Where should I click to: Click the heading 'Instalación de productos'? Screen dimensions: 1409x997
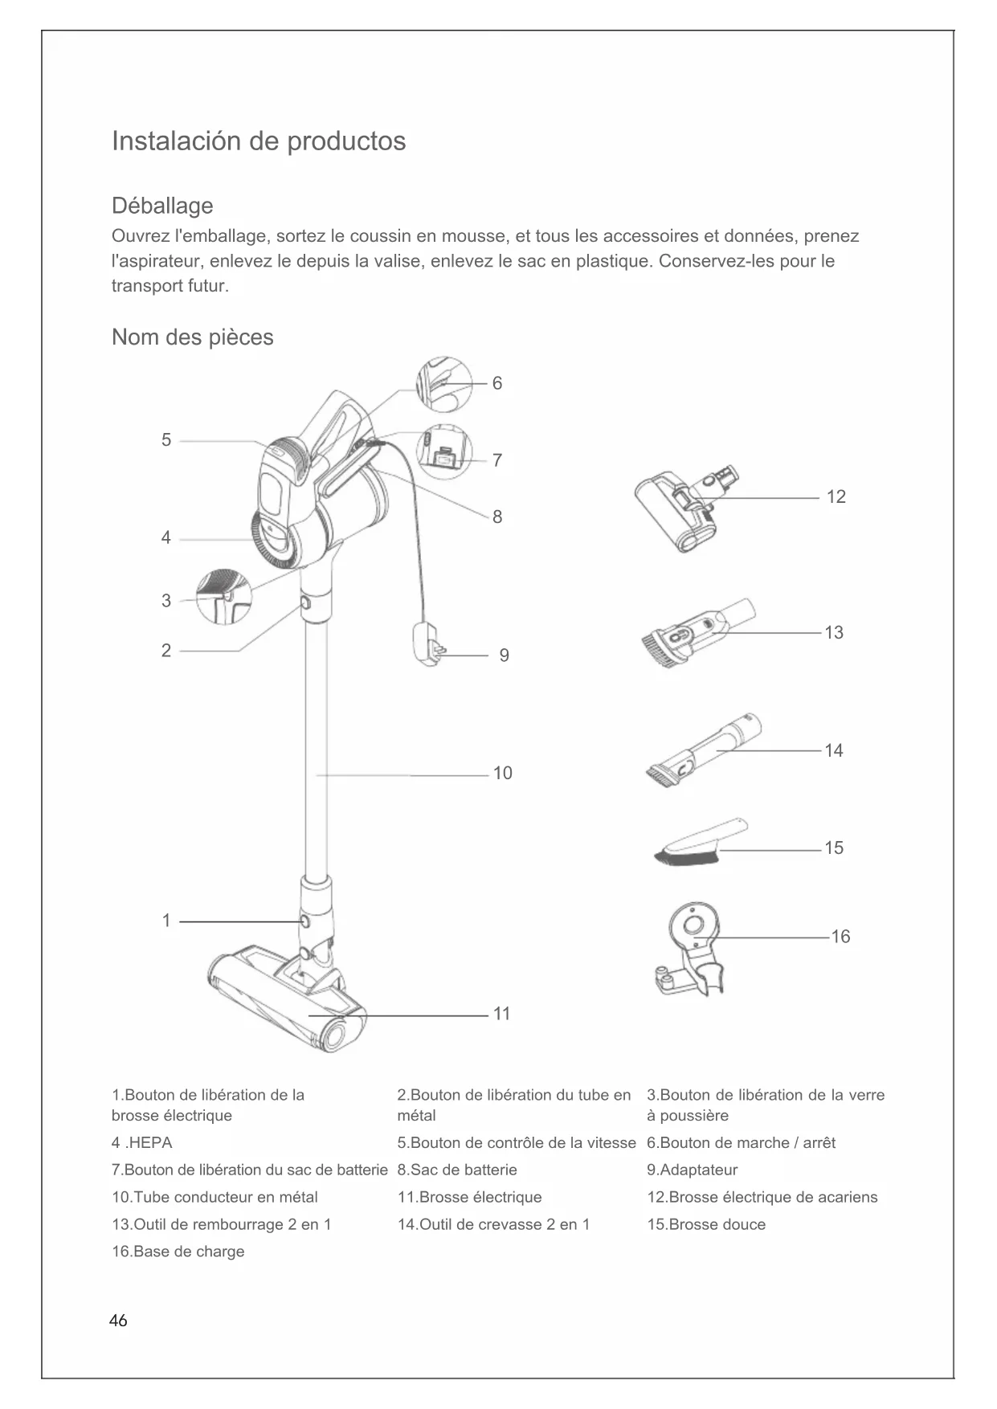coord(259,141)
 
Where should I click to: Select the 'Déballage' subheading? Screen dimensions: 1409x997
coord(162,206)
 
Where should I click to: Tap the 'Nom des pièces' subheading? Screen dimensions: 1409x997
coord(192,337)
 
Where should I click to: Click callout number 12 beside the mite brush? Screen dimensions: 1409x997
coord(836,497)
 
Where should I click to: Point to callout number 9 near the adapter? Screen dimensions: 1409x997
coord(504,655)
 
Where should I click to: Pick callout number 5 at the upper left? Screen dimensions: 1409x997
coord(166,440)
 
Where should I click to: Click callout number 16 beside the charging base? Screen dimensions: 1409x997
coord(840,937)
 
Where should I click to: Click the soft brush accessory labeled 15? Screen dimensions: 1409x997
coord(699,843)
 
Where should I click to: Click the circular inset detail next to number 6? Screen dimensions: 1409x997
coord(443,385)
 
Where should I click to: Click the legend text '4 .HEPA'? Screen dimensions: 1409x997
coord(142,1143)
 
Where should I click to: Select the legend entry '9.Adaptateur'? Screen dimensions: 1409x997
coord(692,1170)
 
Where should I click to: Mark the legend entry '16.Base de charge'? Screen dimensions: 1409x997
coord(178,1252)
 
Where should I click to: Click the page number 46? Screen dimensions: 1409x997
coord(118,1321)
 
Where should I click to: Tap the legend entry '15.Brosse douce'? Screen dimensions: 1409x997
coord(706,1225)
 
